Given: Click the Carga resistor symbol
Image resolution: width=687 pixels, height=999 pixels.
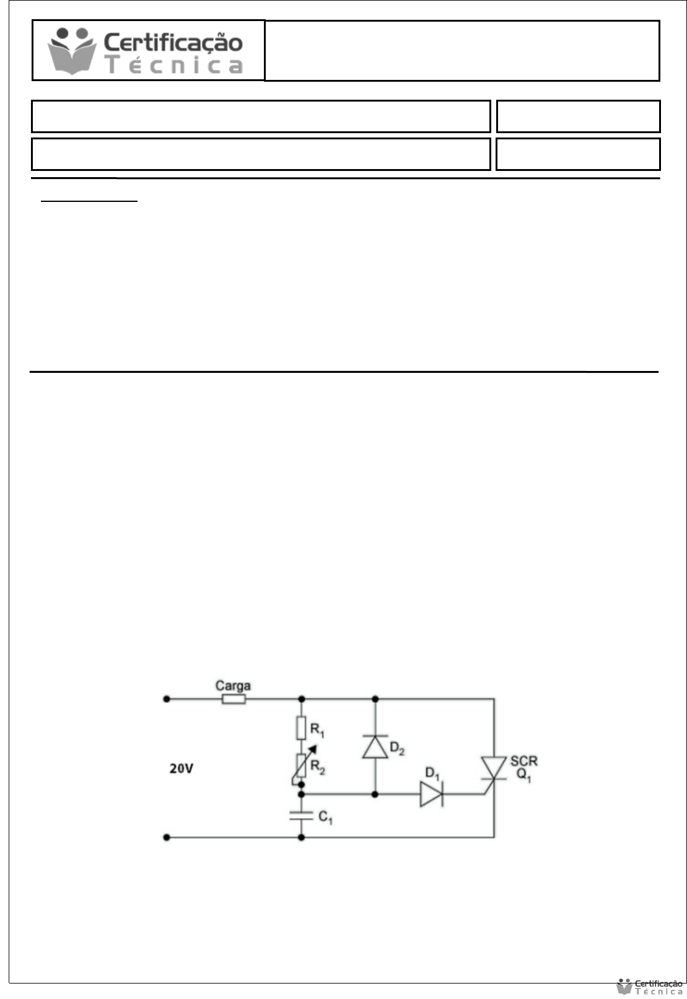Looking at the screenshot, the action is point(234,699).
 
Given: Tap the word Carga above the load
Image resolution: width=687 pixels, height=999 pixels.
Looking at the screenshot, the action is point(233,686).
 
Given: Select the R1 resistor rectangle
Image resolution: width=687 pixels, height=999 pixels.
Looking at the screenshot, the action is point(301,728).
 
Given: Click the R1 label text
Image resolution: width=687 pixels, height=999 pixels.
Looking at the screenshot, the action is point(317,730).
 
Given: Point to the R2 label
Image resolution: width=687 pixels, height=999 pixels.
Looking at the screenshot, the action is point(318,767).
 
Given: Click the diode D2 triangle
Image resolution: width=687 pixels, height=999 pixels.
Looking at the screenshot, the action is point(375,746).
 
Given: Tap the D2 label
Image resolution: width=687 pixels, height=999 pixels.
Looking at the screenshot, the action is point(397,748).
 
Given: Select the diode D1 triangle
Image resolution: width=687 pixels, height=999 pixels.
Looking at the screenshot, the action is point(431,794).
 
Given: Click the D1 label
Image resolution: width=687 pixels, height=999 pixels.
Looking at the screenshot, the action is point(432,773).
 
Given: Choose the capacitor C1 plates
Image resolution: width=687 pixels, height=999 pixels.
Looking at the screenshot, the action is point(301,816).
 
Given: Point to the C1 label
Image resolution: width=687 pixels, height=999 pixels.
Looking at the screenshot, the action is point(325,817).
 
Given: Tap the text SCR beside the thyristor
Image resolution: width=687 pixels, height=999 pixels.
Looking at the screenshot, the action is point(524,761).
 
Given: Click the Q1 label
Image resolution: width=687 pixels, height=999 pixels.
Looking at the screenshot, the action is point(523,775).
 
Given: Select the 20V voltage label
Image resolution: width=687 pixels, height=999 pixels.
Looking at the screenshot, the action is point(181,769).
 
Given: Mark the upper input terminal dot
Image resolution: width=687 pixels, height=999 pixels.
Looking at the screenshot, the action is point(167,699).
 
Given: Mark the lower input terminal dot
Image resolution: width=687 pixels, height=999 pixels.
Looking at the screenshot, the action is point(167,837).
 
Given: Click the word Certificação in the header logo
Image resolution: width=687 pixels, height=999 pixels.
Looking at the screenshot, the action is point(173,43).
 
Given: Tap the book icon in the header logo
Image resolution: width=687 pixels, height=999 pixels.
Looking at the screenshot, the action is point(72,51).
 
